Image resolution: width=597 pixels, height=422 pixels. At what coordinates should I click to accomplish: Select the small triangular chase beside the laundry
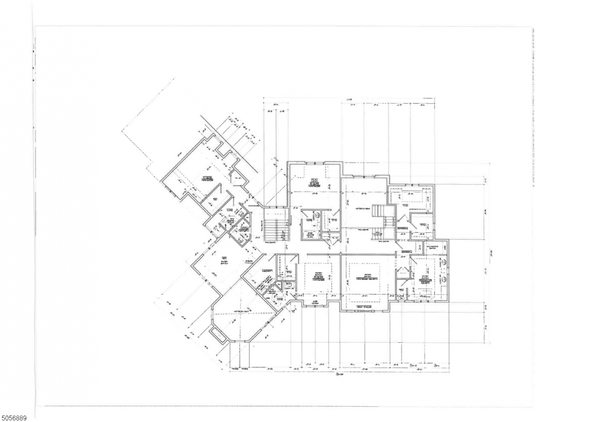(403, 272)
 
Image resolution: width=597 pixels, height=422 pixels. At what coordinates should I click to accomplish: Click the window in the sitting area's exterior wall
(364, 312)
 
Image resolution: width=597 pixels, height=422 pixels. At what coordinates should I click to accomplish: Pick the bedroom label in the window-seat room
(317, 278)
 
